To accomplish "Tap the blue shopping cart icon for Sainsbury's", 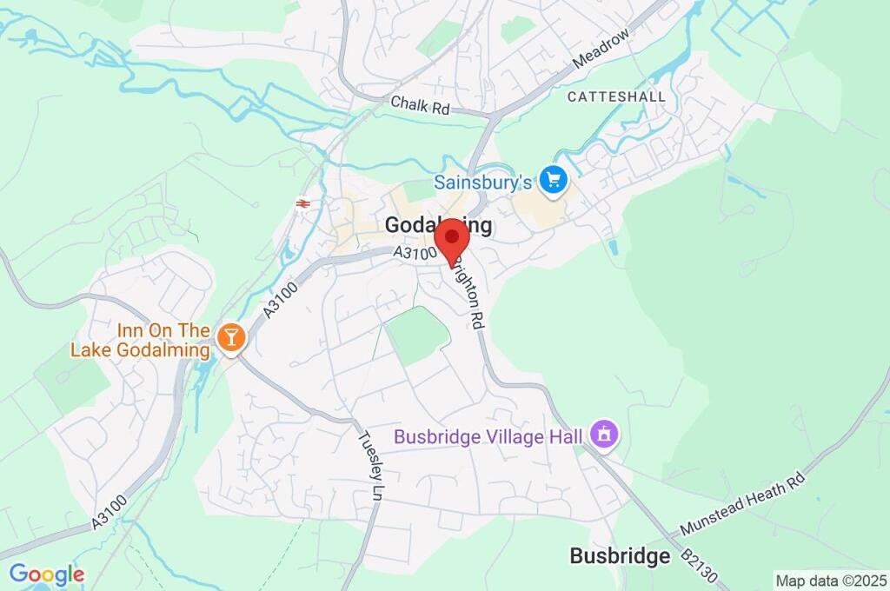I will (x=553, y=182).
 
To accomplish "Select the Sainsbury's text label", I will (x=482, y=183).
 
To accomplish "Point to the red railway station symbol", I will (x=303, y=203).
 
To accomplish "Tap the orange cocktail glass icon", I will (x=230, y=337).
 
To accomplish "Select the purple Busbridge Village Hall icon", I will (x=604, y=432).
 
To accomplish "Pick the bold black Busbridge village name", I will (x=620, y=556).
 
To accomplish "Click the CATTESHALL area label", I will (x=616, y=96).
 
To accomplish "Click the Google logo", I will (x=46, y=574).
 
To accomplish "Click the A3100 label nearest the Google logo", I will (x=109, y=513).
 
